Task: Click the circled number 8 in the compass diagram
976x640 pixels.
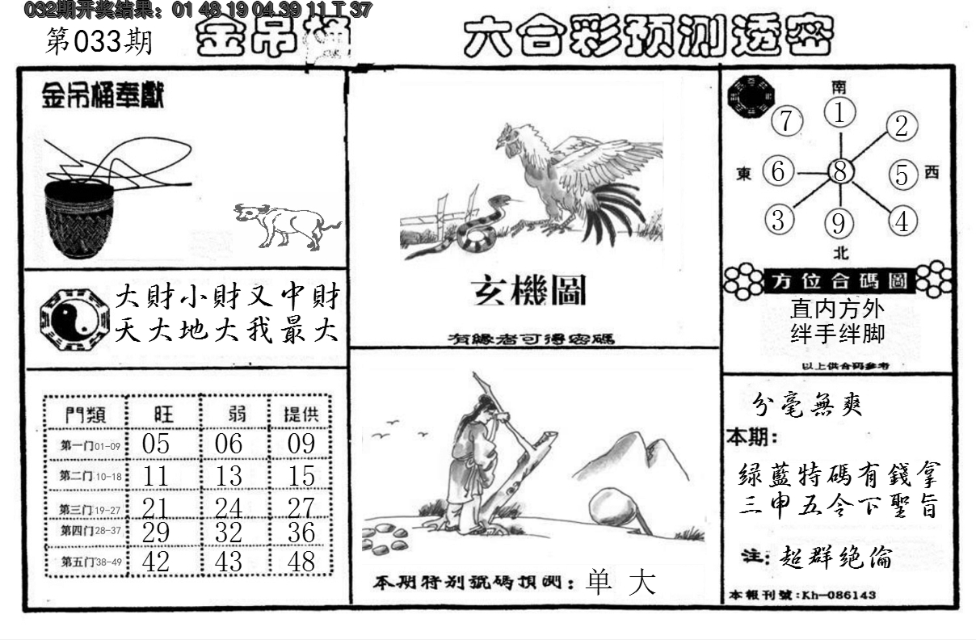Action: [x=841, y=171]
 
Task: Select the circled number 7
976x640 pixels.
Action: [x=786, y=122]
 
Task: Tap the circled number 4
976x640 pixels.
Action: [x=902, y=220]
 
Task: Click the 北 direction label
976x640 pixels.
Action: [x=840, y=252]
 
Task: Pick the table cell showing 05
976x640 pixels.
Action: [x=155, y=443]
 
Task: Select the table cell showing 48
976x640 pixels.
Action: [x=301, y=561]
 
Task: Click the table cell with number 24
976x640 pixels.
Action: [x=229, y=507]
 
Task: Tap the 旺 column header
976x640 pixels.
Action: [x=162, y=415]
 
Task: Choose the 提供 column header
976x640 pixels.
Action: [x=301, y=415]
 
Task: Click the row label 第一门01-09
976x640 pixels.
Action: [x=89, y=444]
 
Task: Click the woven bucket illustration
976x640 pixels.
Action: [x=79, y=218]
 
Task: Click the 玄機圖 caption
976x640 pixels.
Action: [x=529, y=292]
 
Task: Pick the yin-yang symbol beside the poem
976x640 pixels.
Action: [x=73, y=318]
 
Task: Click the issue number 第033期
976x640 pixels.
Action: [x=99, y=42]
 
